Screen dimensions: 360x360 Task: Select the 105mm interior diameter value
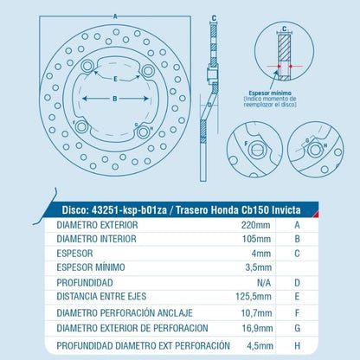(255, 237)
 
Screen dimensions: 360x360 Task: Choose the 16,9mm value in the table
(254, 329)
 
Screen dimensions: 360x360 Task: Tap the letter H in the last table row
(297, 345)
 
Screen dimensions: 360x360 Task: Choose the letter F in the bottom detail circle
(248, 143)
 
